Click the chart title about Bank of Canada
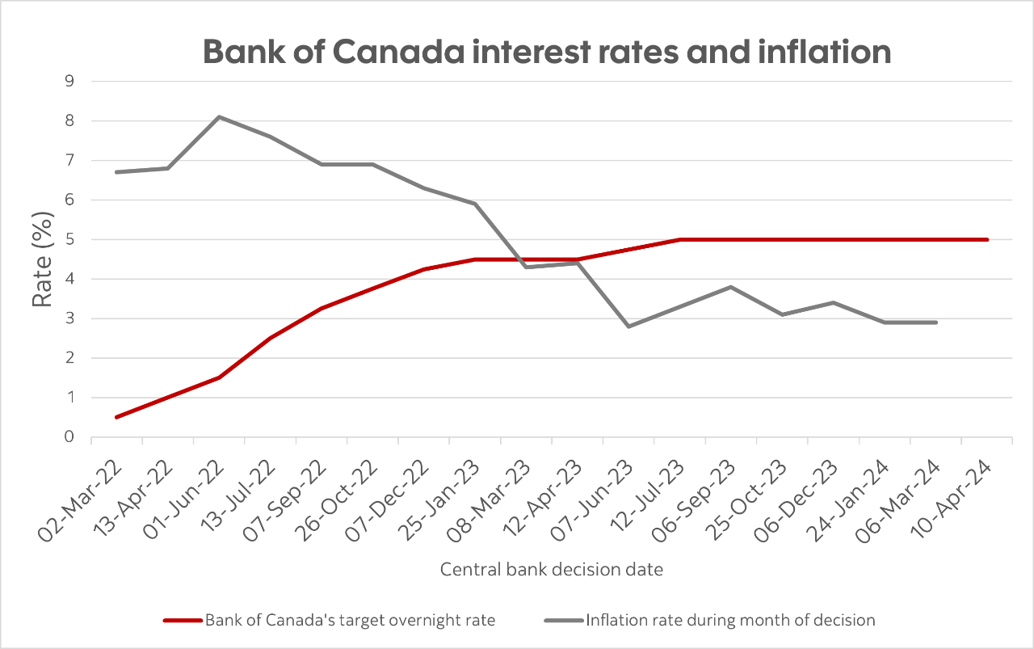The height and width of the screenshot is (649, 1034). pos(547,52)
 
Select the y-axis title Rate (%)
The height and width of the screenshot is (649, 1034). pos(44,259)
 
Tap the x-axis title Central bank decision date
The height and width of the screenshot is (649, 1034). pos(551,570)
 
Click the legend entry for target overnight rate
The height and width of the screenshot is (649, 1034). pos(349,621)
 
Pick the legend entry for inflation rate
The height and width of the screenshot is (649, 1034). pos(730,621)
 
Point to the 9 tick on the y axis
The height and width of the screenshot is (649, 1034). pos(69,82)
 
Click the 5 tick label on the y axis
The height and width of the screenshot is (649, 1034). pos(69,240)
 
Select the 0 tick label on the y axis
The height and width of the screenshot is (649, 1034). pos(69,437)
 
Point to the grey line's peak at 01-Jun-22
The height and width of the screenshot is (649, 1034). pos(218,117)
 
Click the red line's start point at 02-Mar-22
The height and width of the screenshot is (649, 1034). pos(116,417)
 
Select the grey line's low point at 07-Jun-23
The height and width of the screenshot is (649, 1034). pos(628,327)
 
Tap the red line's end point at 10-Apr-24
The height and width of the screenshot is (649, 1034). pos(986,239)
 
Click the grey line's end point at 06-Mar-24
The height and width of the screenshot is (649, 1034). pos(935,322)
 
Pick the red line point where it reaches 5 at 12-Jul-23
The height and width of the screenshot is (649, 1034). pos(679,239)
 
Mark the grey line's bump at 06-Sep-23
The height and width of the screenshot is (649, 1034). pos(730,287)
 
